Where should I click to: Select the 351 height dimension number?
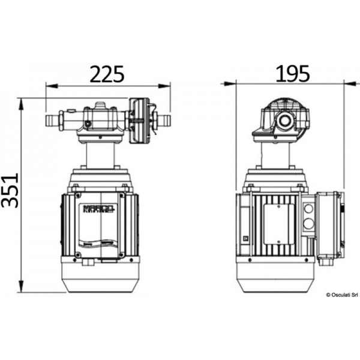pos(10,190)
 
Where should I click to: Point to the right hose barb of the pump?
pos(163,122)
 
